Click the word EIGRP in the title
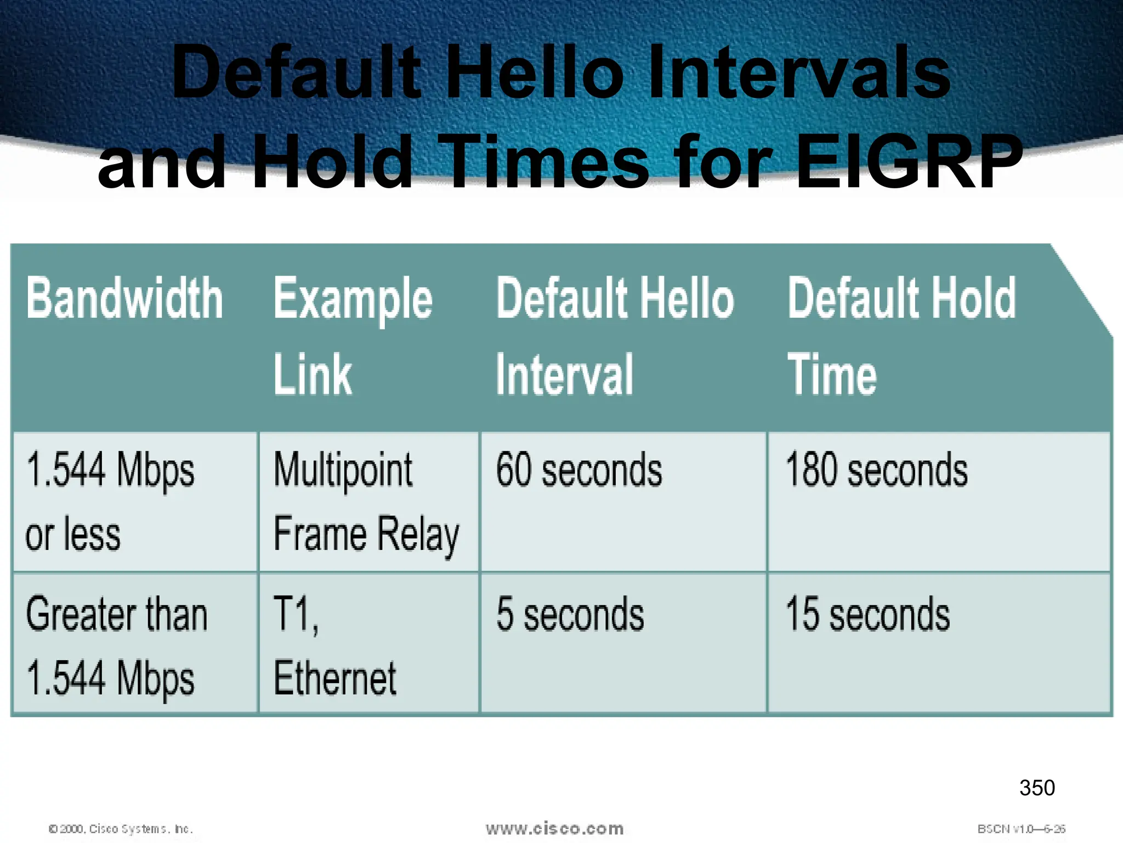coord(909,162)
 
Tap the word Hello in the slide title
coord(535,72)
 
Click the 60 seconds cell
coord(579,471)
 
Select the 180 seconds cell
coord(876,471)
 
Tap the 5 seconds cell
coord(570,615)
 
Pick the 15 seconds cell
coord(867,615)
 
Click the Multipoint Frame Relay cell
coord(366,502)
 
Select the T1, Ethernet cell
coord(334,646)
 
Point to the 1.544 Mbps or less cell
coord(110,502)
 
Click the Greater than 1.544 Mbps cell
coord(116,646)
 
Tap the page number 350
coord(1037,788)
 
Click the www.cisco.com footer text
coord(554,829)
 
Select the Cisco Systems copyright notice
coord(121,829)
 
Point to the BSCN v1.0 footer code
coord(1021,829)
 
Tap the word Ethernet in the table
coord(334,679)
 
